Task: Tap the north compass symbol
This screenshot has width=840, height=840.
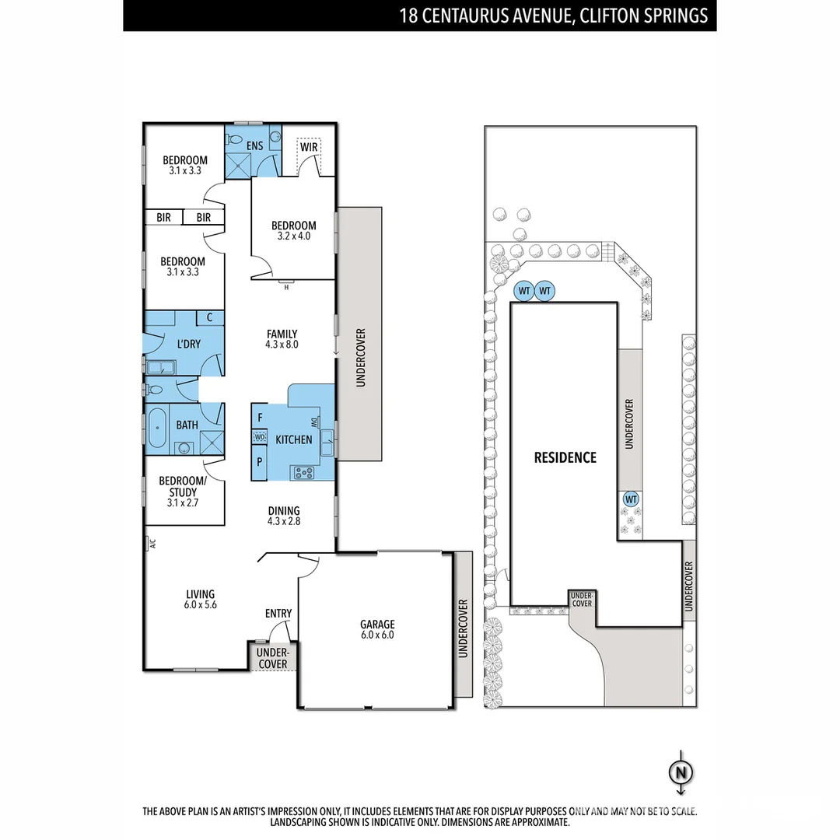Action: click(x=681, y=772)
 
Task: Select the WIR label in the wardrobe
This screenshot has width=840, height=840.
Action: click(x=310, y=146)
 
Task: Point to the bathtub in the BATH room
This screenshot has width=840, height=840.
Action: click(x=158, y=427)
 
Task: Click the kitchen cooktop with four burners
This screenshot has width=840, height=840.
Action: click(x=303, y=471)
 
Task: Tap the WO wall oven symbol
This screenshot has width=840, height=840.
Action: click(x=259, y=438)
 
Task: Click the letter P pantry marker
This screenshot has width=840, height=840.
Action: click(x=259, y=460)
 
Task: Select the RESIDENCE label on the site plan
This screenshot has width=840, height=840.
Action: click(x=565, y=457)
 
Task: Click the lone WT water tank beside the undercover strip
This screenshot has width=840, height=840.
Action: click(x=631, y=499)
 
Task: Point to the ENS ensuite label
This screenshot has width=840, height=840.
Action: click(x=255, y=145)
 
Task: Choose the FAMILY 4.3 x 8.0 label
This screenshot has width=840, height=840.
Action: click(x=282, y=339)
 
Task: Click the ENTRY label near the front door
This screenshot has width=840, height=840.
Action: click(x=278, y=614)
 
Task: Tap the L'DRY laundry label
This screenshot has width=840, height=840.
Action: click(x=189, y=344)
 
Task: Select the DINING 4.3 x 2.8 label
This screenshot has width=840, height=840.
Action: click(x=284, y=516)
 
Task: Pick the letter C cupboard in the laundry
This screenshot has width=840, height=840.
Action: click(x=210, y=317)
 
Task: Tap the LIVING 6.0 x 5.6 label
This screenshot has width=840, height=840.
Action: click(x=200, y=600)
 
